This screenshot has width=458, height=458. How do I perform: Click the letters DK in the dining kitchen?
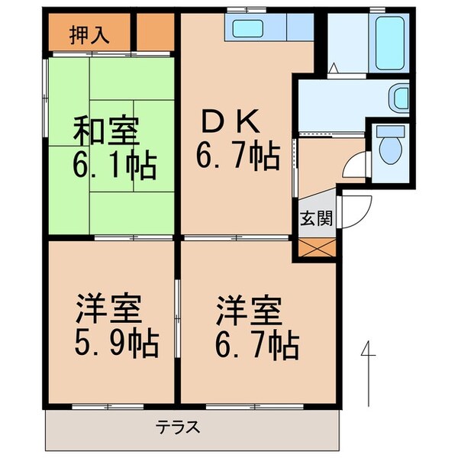[x=231, y=122]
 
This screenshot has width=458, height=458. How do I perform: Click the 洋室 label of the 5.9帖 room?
[x=108, y=313]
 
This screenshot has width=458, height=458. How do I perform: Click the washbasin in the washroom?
[x=398, y=96]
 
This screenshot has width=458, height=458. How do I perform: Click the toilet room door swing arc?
[x=353, y=164]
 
